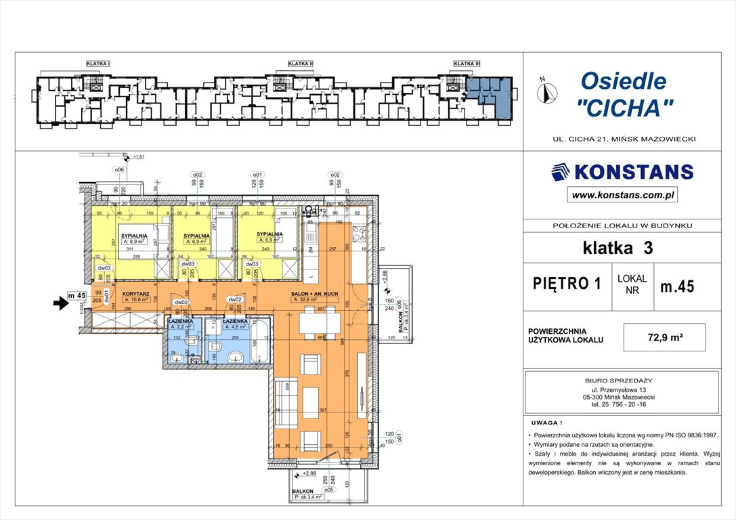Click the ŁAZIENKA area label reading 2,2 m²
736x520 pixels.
click(x=181, y=326)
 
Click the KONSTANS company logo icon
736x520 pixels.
click(x=560, y=172)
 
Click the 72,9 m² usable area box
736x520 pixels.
click(x=664, y=337)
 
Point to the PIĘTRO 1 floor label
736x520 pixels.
click(x=567, y=284)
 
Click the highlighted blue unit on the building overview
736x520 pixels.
click(x=491, y=94)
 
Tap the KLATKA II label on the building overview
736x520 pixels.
click(x=300, y=64)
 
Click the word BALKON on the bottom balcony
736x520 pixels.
click(x=302, y=492)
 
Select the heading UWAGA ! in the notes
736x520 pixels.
click(x=546, y=421)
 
